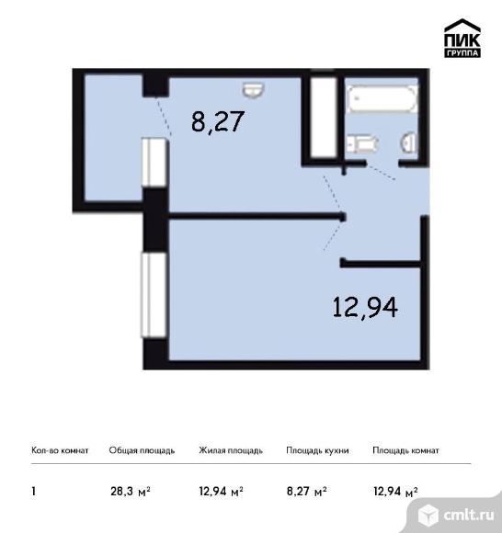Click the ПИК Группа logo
pyautogui.click(x=462, y=38)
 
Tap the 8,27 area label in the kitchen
pyautogui.click(x=218, y=121)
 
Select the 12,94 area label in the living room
pyautogui.click(x=365, y=307)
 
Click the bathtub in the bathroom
pyautogui.click(x=382, y=98)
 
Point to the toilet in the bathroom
pyautogui.click(x=362, y=143)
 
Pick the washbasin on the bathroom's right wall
pyautogui.click(x=409, y=143)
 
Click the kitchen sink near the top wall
pyautogui.click(x=254, y=89)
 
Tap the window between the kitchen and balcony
pyautogui.click(x=154, y=162)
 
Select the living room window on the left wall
pyautogui.click(x=154, y=295)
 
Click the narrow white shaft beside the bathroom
pyautogui.click(x=324, y=118)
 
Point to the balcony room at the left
pyautogui.click(x=113, y=138)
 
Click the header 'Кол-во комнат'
pyautogui.click(x=60, y=450)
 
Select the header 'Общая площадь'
pyautogui.click(x=142, y=450)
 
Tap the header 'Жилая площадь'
pyautogui.click(x=231, y=450)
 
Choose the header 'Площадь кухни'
pyautogui.click(x=317, y=450)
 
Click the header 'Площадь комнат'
pyautogui.click(x=405, y=450)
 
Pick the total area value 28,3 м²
pyautogui.click(x=131, y=492)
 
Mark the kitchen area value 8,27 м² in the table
pyautogui.click(x=307, y=492)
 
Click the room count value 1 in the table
pyautogui.click(x=33, y=492)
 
